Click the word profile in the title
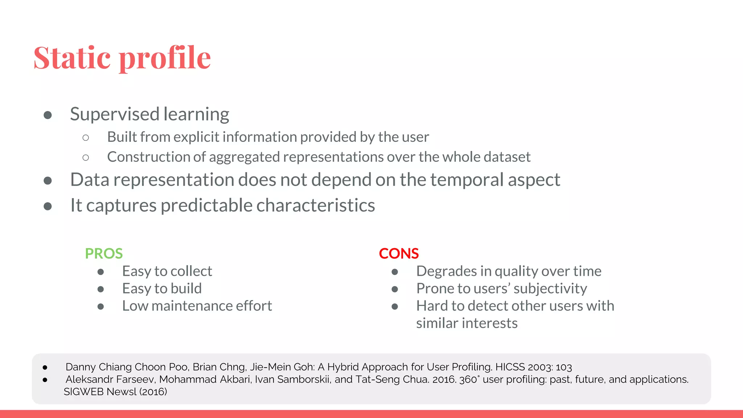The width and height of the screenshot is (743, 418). click(x=165, y=58)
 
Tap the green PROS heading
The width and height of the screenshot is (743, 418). click(x=104, y=253)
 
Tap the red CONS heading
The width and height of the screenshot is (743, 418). click(x=399, y=253)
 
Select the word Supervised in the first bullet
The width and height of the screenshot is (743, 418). click(x=115, y=114)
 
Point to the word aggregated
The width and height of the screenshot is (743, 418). click(x=244, y=157)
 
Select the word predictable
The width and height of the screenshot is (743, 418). click(x=206, y=206)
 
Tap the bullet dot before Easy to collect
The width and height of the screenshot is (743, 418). click(x=101, y=272)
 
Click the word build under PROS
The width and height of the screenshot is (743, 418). click(x=186, y=288)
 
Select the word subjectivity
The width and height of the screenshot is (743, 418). click(x=550, y=288)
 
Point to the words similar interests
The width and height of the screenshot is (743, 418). click(x=467, y=323)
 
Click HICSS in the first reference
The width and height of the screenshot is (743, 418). click(x=510, y=367)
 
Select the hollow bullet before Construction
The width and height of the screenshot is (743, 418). click(x=86, y=157)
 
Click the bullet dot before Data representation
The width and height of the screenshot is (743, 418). click(x=48, y=180)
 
